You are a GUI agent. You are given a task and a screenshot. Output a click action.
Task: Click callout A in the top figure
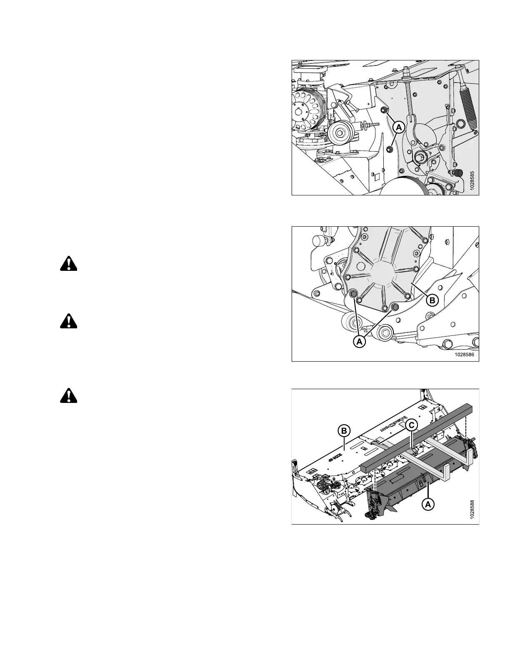(398, 127)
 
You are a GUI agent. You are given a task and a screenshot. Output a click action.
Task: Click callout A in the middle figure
(359, 342)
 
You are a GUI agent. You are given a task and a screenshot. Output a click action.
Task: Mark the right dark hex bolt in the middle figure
(395, 308)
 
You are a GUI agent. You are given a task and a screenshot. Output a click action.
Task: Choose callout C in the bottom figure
(411, 425)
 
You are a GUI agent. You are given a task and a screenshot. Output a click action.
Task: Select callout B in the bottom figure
(344, 431)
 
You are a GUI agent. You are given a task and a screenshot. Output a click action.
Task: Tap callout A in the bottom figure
(427, 504)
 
